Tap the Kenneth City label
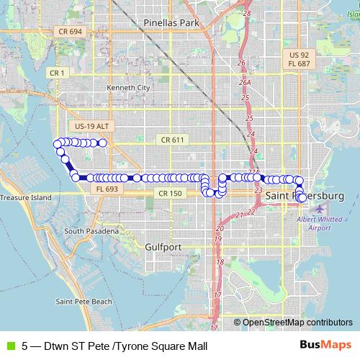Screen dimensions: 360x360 tap(128, 88)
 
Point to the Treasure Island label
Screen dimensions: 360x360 tap(26, 197)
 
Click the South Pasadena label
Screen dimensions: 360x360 tap(91, 231)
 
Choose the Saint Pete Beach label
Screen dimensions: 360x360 tap(84, 300)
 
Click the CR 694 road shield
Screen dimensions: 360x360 tap(71, 32)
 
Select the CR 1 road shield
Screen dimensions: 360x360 tap(57, 73)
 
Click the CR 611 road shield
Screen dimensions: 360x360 tap(173, 139)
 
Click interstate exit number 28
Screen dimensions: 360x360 tap(247, 13)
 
